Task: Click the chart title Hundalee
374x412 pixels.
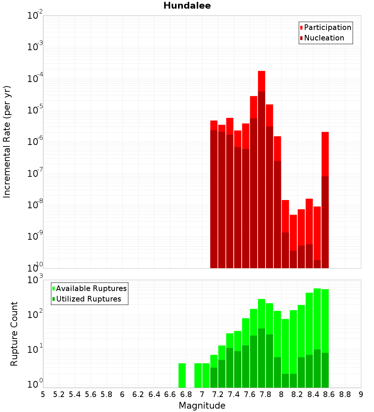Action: (x=187, y=6)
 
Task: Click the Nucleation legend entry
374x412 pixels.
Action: (x=324, y=38)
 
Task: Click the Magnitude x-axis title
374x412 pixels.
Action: (x=202, y=406)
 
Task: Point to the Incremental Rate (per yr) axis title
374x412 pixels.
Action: (x=7, y=142)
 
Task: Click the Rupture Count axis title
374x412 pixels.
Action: (x=14, y=334)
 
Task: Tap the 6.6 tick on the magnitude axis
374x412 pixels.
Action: (x=170, y=394)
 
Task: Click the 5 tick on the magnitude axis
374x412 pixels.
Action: (x=43, y=394)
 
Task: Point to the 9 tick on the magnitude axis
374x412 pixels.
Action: (x=361, y=394)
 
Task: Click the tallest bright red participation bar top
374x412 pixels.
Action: (x=261, y=72)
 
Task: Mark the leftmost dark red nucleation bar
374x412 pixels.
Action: (x=214, y=199)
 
